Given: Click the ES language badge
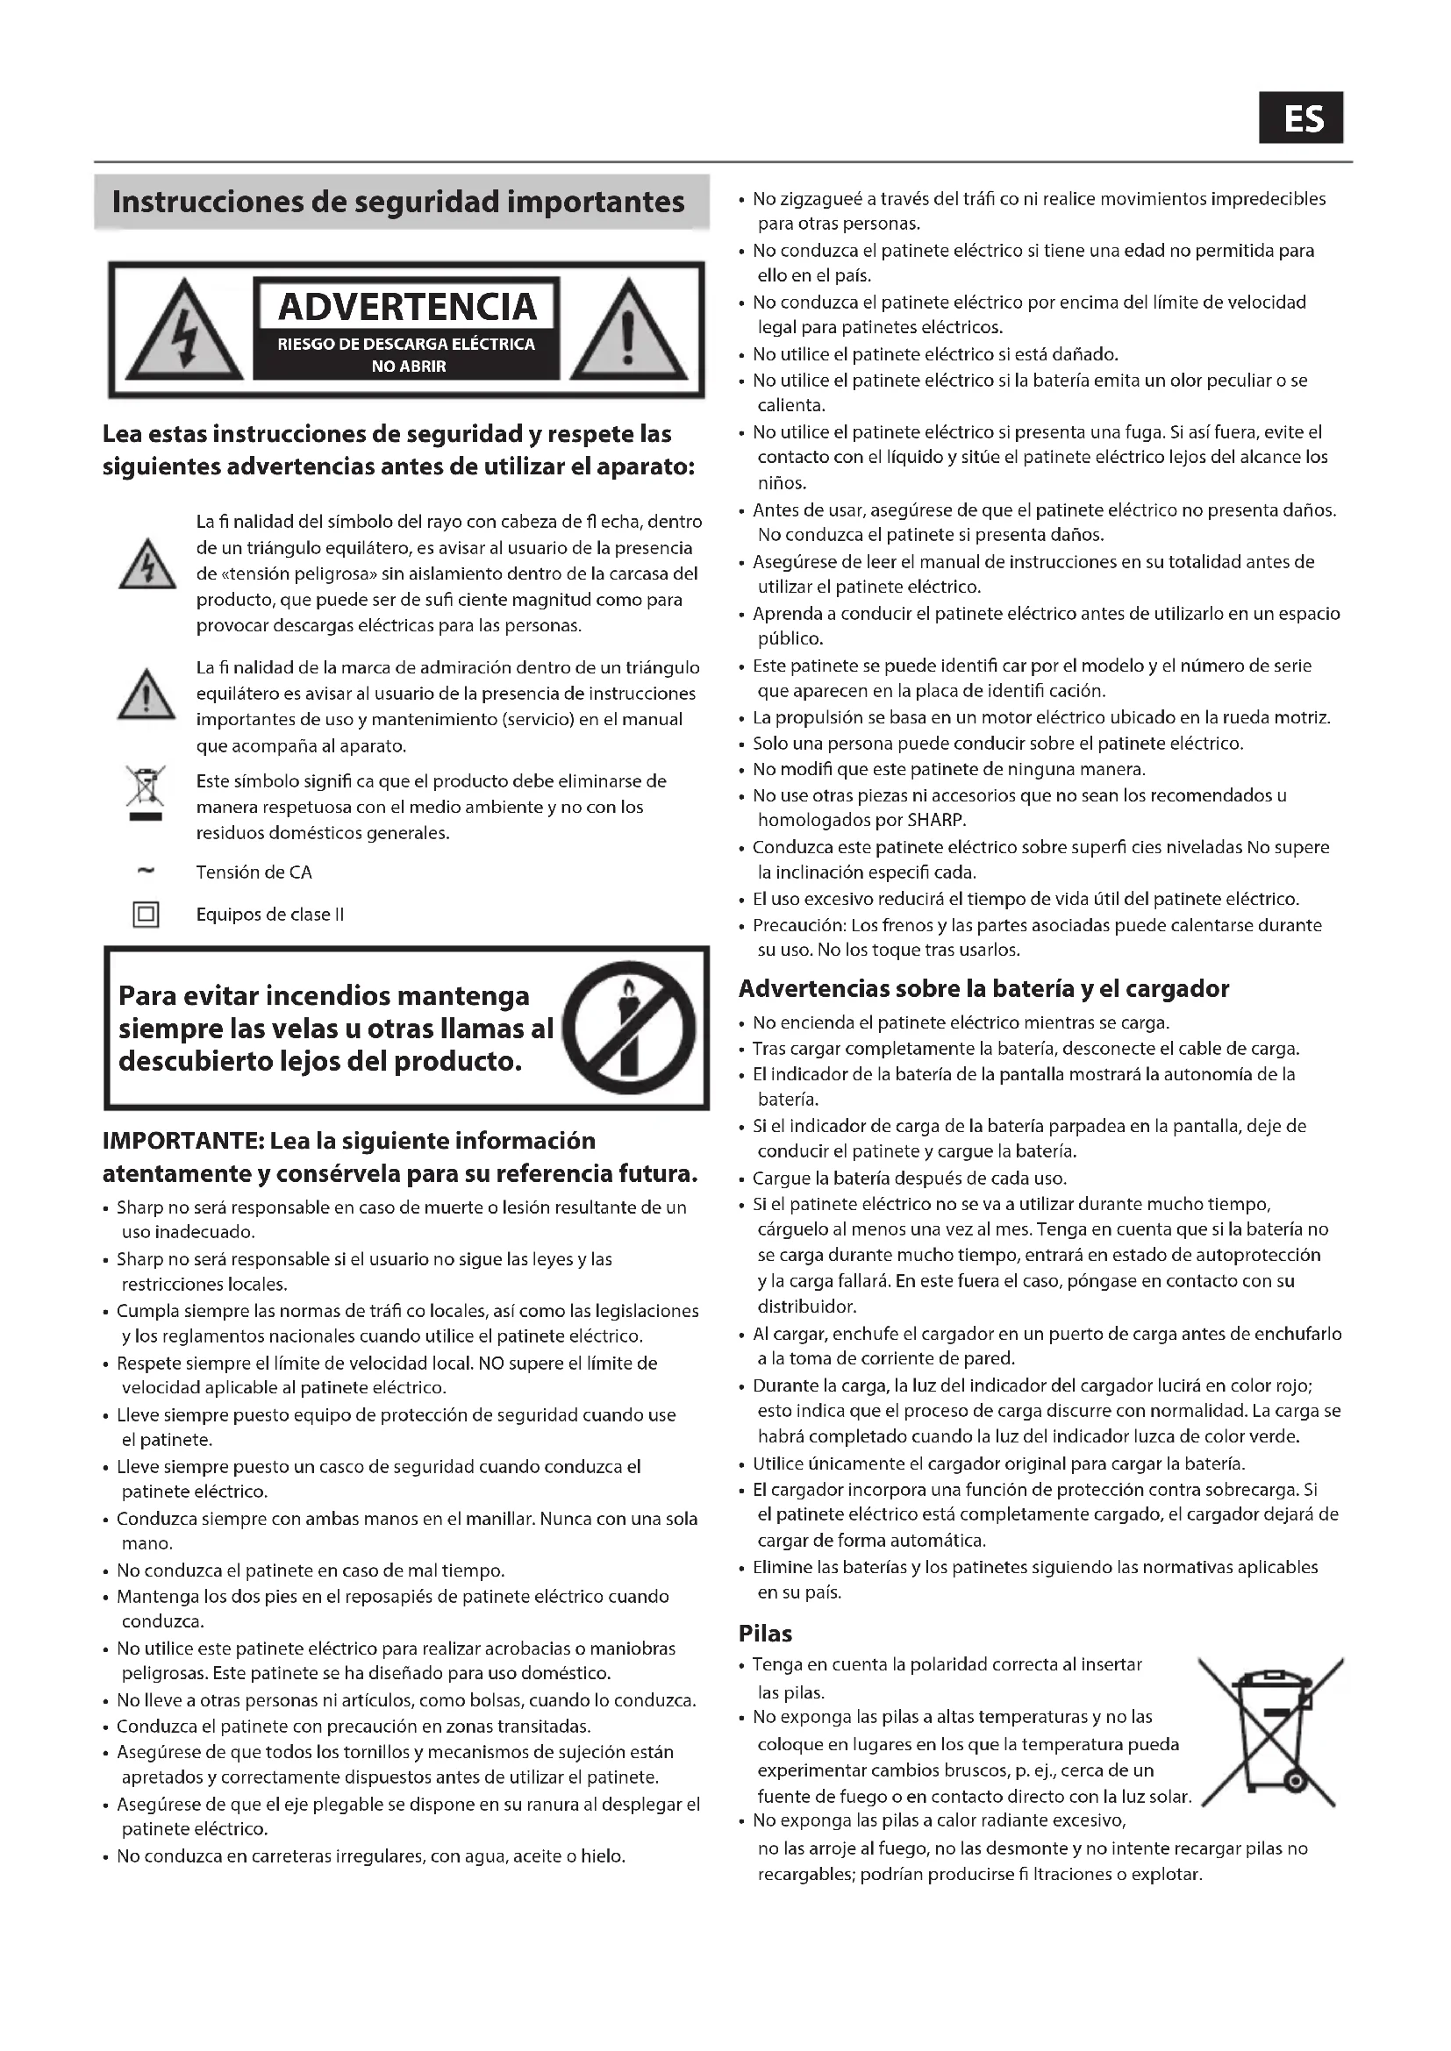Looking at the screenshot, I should [1301, 118].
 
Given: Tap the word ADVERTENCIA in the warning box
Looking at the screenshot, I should [407, 306].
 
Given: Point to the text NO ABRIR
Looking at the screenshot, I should [408, 367].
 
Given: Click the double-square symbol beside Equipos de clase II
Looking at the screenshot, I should [146, 915].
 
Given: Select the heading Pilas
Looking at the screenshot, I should [765, 1634].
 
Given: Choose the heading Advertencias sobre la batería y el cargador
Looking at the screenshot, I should [983, 989].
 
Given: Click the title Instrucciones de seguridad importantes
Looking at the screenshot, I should [398, 203].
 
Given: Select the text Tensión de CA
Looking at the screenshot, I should [254, 872].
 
